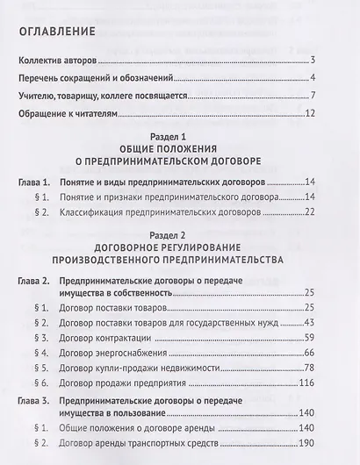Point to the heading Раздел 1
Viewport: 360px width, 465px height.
click(x=179, y=139)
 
